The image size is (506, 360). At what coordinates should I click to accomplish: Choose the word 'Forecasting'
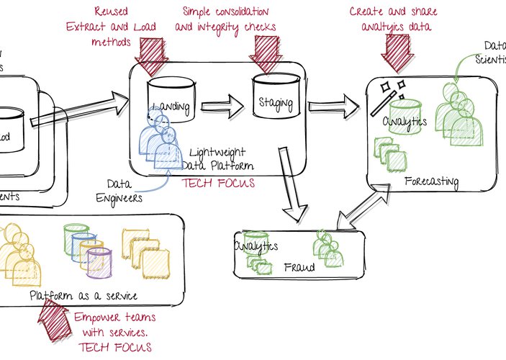coord(432,181)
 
